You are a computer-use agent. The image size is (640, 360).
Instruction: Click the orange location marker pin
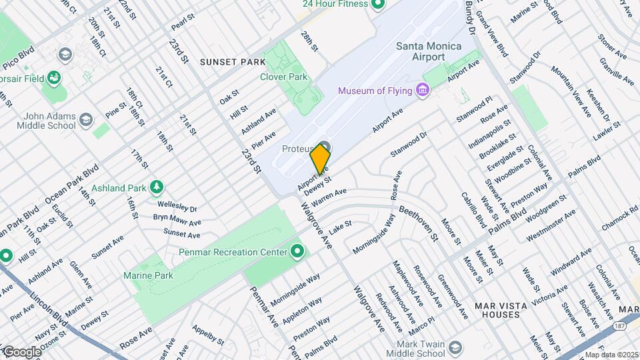321,159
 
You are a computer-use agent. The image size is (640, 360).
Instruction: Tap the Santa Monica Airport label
420,51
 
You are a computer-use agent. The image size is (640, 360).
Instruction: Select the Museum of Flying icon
421,90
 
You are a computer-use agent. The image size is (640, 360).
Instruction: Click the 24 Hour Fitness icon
378,5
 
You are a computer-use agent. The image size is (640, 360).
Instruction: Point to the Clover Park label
283,77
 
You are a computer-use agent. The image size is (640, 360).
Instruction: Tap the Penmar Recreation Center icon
297,252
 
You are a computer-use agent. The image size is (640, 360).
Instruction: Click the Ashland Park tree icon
156,188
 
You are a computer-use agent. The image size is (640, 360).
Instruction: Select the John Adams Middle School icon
85,120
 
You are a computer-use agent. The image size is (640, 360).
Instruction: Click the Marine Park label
148,275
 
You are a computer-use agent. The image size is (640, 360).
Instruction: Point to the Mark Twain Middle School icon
454,348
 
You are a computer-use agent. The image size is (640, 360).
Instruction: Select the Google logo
21,351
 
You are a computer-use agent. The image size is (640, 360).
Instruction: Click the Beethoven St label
419,223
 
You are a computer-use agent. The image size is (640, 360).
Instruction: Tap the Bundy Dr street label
470,17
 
